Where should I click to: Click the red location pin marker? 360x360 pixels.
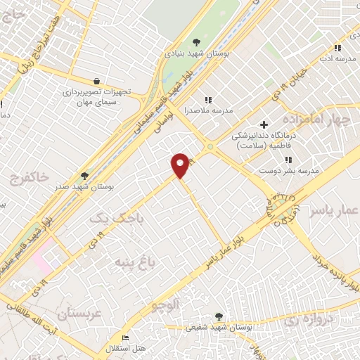pos(181,165)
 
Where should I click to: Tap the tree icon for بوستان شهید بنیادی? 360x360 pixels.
pos(195,43)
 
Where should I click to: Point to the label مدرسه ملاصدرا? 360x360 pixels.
pos(207,110)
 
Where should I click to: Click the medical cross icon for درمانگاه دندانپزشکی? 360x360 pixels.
pos(264,124)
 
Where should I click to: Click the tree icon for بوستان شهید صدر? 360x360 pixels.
pos(85,176)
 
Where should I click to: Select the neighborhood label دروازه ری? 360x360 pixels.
pos(310,318)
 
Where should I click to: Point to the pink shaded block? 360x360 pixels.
pos(39,256)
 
